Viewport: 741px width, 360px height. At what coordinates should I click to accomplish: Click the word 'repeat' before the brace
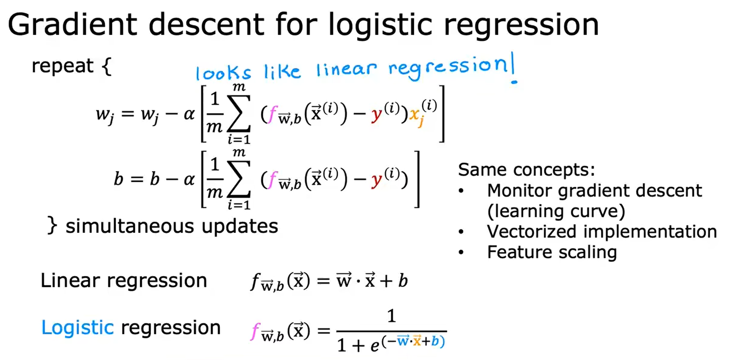[x=62, y=66]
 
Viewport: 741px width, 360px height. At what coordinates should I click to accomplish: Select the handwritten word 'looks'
[x=223, y=73]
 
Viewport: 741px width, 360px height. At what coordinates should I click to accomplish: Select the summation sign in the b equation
[x=239, y=179]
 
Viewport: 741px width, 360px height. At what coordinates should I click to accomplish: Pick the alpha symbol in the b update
[x=189, y=179]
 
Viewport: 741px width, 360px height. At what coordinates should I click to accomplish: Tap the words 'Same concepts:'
[x=526, y=170]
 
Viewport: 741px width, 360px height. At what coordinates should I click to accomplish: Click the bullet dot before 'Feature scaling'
[x=461, y=253]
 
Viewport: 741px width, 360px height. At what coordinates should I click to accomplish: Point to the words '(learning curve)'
[x=556, y=211]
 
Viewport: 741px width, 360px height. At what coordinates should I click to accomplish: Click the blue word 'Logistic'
[x=77, y=327]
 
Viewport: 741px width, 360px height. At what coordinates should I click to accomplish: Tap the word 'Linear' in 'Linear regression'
[x=70, y=280]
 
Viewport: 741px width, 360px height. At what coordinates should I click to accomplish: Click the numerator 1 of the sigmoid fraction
[x=391, y=316]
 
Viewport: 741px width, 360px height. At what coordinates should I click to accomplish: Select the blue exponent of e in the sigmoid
[x=413, y=341]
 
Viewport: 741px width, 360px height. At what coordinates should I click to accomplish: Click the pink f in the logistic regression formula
[x=254, y=331]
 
